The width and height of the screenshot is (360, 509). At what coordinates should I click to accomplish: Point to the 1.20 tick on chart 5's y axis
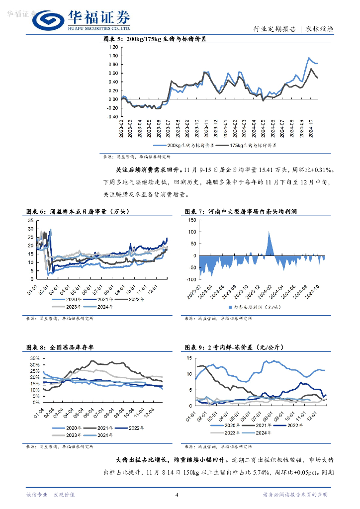click(x=113, y=47)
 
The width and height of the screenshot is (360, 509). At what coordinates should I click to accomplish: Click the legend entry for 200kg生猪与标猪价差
click(x=190, y=146)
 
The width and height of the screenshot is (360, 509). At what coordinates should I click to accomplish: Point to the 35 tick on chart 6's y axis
click(x=30, y=220)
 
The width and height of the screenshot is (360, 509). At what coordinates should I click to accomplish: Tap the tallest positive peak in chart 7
click(x=269, y=231)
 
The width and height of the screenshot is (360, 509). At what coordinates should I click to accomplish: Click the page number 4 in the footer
click(x=177, y=495)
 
